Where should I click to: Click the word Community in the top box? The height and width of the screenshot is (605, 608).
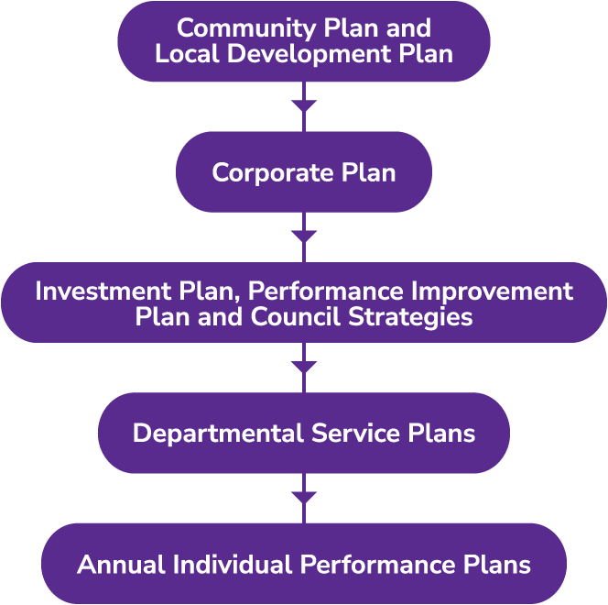246,29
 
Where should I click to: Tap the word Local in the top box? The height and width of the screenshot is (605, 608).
188,53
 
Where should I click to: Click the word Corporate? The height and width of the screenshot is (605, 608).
273,174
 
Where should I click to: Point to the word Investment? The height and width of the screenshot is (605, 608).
103,291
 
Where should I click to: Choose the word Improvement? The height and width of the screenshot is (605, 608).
492,292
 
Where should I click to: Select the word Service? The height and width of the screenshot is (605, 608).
355,433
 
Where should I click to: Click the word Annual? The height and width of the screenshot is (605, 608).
122,564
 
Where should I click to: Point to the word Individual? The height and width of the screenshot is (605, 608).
233,564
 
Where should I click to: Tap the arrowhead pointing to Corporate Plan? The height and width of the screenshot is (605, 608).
304,106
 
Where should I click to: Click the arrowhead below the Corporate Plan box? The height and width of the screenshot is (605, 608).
304,236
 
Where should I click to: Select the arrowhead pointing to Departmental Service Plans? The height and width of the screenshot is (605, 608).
304,368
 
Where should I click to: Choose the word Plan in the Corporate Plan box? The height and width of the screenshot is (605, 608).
368,172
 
